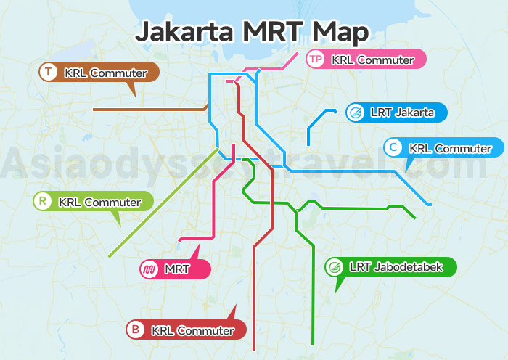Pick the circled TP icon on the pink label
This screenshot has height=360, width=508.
(x=315, y=59)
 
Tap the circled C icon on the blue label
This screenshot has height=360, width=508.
(x=393, y=147)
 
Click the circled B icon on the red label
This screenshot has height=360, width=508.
(x=136, y=330)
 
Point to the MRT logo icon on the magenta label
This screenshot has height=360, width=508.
(x=149, y=269)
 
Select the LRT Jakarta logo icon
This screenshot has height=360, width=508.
(x=356, y=112)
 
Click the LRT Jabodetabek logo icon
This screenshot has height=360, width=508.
(x=335, y=266)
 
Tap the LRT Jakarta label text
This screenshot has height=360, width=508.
(x=402, y=112)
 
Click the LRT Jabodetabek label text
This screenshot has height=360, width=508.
(x=396, y=266)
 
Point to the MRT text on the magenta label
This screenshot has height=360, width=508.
(x=177, y=269)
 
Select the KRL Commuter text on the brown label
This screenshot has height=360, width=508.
(x=106, y=73)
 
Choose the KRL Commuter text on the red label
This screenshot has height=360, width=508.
(x=193, y=330)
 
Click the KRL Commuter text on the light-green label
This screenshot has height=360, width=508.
(x=99, y=202)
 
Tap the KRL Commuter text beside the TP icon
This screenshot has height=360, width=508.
(x=372, y=60)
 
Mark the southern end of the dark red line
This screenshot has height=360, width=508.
(x=253, y=350)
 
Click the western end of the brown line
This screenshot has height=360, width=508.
(x=94, y=110)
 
